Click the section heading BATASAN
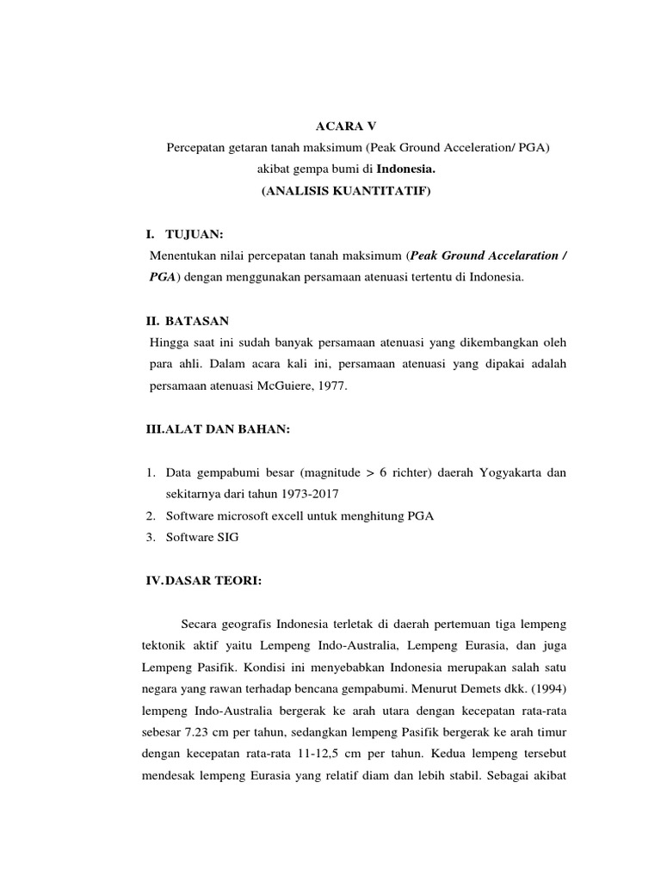(197, 321)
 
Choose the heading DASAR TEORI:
(213, 581)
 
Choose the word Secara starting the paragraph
(201, 624)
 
